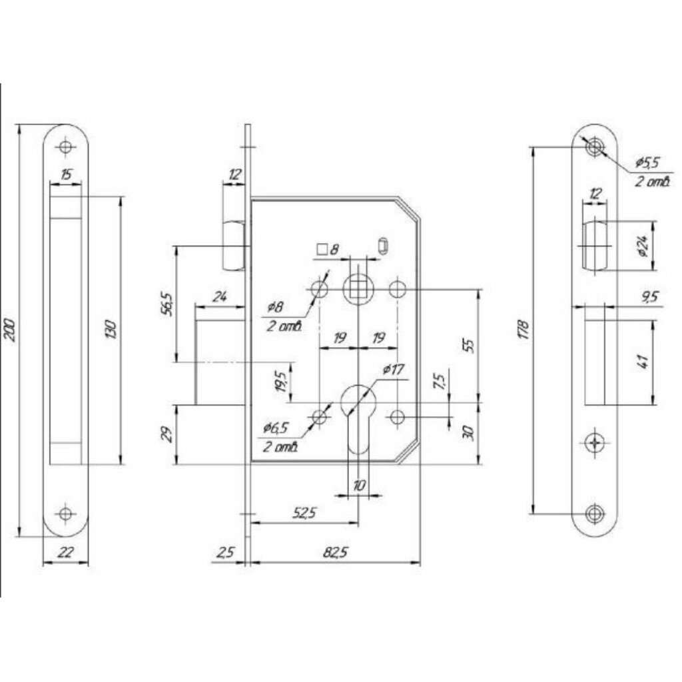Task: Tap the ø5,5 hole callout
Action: [x=646, y=162]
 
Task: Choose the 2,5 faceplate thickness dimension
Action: [x=224, y=553]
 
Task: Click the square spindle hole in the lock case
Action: [x=358, y=290]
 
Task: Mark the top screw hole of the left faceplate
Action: [x=65, y=147]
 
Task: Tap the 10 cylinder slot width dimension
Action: [x=359, y=486]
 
